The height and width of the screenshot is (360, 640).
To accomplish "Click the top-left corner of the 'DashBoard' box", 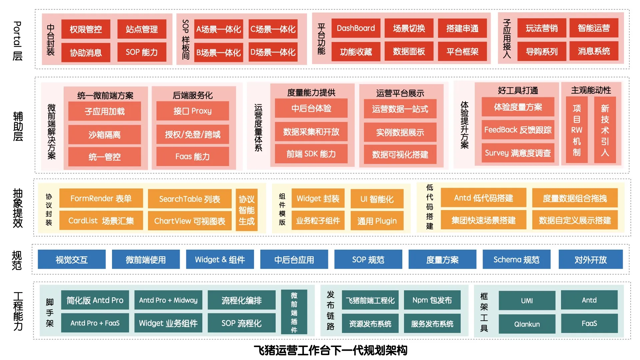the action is [332, 19].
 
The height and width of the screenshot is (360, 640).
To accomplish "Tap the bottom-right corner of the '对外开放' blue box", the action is [623, 269].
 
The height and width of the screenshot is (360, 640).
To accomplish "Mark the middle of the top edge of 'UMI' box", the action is [527, 291].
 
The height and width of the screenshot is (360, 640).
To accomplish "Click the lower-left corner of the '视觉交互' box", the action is [38, 269].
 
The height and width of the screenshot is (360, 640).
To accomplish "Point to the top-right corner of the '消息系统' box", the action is [618, 41].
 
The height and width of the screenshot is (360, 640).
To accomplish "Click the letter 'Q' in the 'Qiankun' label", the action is [517, 324].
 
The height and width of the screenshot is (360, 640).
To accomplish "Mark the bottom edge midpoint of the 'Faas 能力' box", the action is [193, 166].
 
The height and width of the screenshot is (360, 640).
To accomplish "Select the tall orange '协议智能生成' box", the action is [247, 210].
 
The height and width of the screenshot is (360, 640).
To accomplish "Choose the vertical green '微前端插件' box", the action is [294, 312].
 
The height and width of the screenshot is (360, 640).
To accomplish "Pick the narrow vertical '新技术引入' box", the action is [605, 130].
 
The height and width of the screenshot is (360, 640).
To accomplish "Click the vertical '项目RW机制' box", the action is [577, 130].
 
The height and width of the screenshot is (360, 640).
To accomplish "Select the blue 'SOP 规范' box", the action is [368, 259].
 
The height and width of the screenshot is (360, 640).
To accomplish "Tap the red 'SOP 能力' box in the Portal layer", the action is [142, 52].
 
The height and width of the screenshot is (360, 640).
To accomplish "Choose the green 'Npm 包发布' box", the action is [432, 300].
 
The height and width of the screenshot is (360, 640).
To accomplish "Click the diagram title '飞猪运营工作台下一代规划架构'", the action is [331, 350].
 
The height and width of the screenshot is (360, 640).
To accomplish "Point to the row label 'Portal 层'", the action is [17, 41].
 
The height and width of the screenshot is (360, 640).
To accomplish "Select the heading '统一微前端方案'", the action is [105, 96].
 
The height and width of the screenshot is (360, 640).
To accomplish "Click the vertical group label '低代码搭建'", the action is [430, 207].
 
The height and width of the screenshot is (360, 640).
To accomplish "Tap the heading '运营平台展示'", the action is [400, 93].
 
